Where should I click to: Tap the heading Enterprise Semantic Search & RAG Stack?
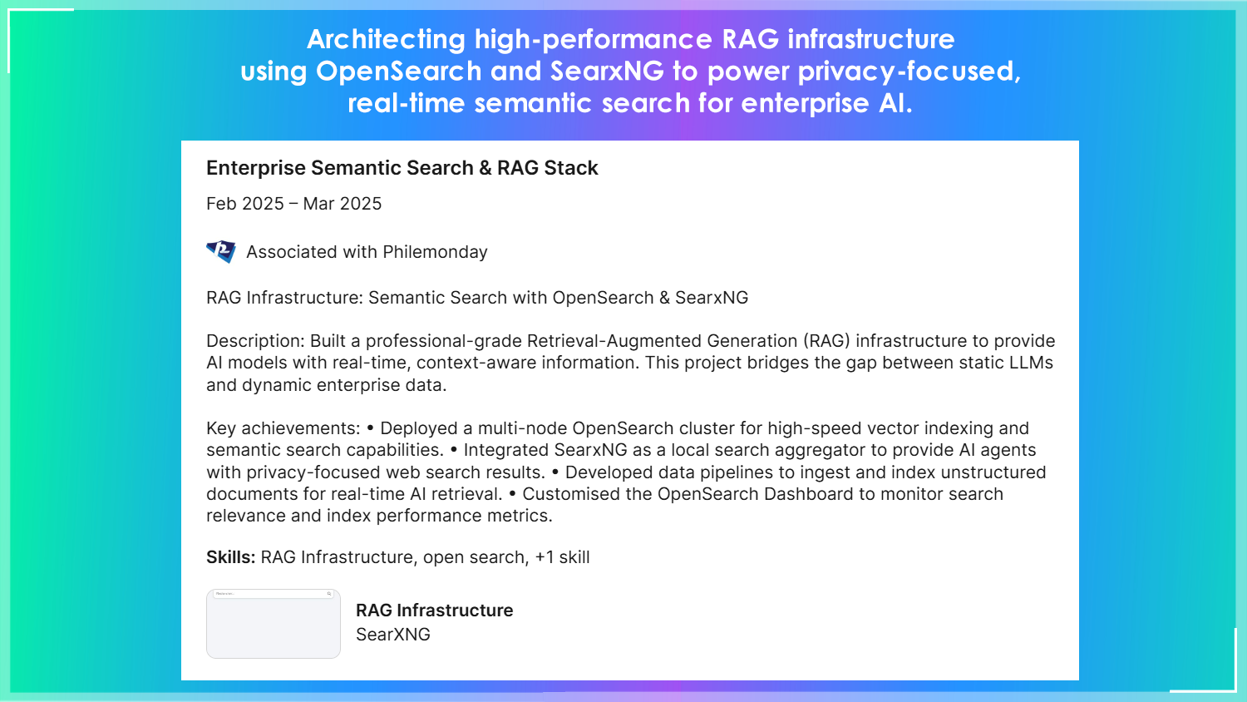(x=402, y=168)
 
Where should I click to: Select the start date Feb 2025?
(x=244, y=204)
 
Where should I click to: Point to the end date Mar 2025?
(x=342, y=204)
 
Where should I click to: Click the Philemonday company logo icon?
(x=221, y=251)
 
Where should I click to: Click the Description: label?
(x=255, y=341)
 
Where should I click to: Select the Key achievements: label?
(x=283, y=428)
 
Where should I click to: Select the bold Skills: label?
(x=230, y=557)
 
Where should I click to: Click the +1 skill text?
(x=562, y=557)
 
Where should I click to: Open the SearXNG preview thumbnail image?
(x=274, y=624)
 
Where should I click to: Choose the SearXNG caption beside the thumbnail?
(x=393, y=635)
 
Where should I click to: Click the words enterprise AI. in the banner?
(x=826, y=103)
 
